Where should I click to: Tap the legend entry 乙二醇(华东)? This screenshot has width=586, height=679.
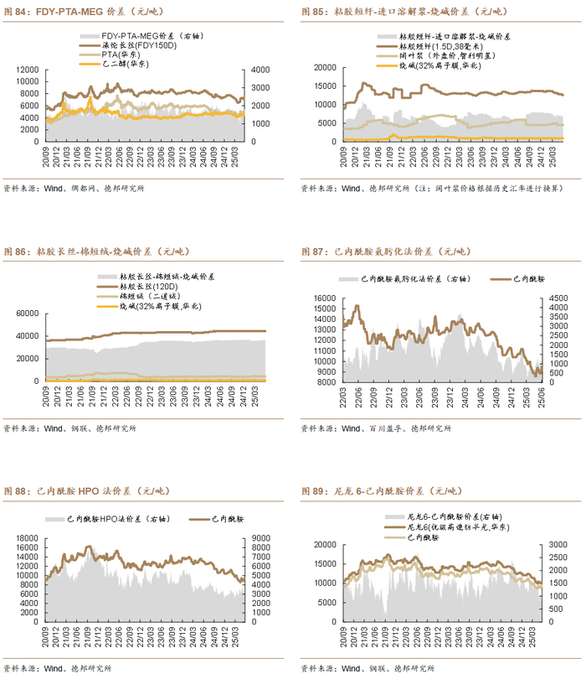tap(125, 63)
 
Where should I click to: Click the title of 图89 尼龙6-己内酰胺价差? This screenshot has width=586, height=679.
tap(385, 490)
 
